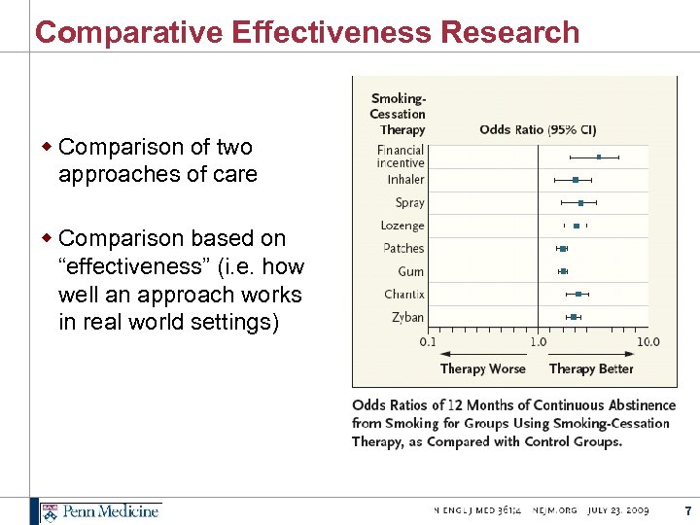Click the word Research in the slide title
pyautogui.click(x=509, y=32)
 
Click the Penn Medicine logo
pyautogui.click(x=100, y=510)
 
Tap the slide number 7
pyautogui.click(x=687, y=510)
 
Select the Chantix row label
pyautogui.click(x=403, y=294)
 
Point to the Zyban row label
pyautogui.click(x=407, y=317)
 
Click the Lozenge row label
pyautogui.click(x=402, y=226)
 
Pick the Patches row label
pyautogui.click(x=403, y=248)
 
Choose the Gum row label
pyautogui.click(x=410, y=271)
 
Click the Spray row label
pyautogui.click(x=409, y=202)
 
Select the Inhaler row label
pyautogui.click(x=405, y=179)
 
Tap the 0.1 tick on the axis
pyautogui.click(x=428, y=341)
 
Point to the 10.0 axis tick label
pyautogui.click(x=647, y=341)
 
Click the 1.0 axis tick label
pyautogui.click(x=538, y=341)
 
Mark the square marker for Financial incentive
pyautogui.click(x=599, y=157)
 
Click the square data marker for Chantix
pyautogui.click(x=578, y=294)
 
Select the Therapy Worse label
pyautogui.click(x=482, y=368)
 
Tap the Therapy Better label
pyautogui.click(x=591, y=368)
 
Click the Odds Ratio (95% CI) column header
pyautogui.click(x=538, y=129)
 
